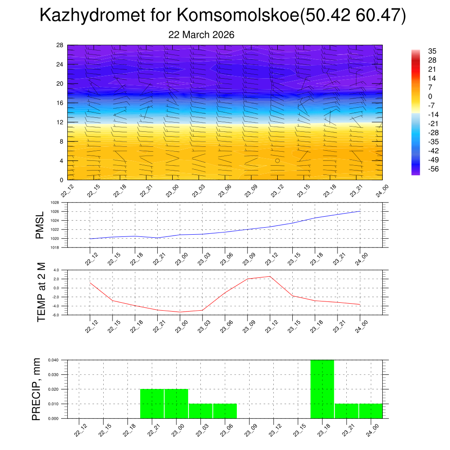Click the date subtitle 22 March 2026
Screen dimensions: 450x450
point(201,35)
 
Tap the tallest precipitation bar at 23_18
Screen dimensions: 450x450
point(322,389)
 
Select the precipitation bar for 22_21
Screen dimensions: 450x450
point(152,403)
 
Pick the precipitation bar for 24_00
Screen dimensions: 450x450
point(370,411)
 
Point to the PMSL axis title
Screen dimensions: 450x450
point(40,225)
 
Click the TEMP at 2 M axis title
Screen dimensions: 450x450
point(41,292)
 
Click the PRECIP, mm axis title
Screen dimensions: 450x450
point(36,389)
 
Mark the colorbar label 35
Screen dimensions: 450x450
point(432,51)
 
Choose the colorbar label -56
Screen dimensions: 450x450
point(433,169)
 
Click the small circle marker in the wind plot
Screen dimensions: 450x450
point(277,161)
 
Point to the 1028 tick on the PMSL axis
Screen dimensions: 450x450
point(54,203)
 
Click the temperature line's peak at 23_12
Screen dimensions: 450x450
point(270,276)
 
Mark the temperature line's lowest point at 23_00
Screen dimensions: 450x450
point(180,312)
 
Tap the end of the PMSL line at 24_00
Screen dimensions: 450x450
point(360,211)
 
